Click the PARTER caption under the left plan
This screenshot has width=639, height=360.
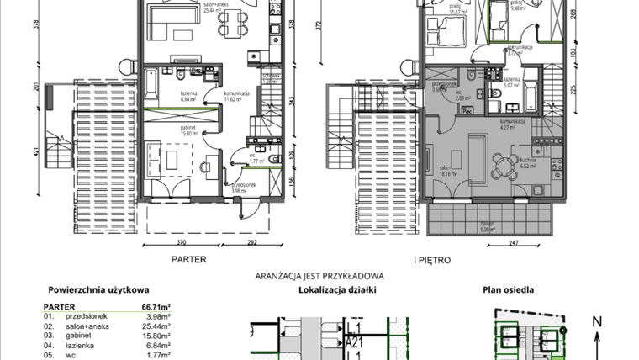coord(189,260)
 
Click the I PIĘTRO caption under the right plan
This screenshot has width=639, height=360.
coord(431,260)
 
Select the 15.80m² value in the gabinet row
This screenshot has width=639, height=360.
coord(156,334)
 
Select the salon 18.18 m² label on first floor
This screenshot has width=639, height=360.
coord(448,172)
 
